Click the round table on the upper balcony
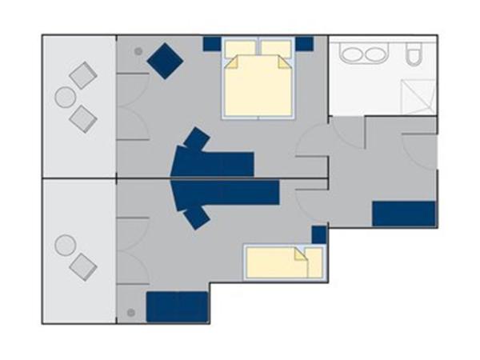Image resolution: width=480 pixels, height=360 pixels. [x=65, y=98]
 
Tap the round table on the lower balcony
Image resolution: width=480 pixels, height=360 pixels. [x=65, y=244]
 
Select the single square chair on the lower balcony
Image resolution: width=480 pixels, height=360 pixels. [x=82, y=266]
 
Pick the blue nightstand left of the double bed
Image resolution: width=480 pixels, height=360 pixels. [x=212, y=42]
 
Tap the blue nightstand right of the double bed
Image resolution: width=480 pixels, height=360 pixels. [x=304, y=42]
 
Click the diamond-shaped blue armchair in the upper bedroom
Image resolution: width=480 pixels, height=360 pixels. [x=166, y=59]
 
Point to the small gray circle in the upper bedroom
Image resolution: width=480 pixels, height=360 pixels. [x=138, y=52]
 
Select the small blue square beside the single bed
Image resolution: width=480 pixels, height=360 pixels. [x=318, y=234]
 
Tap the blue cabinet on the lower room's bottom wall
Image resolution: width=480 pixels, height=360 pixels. [x=177, y=307]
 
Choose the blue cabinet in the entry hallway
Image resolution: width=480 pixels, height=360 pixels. [x=404, y=214]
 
